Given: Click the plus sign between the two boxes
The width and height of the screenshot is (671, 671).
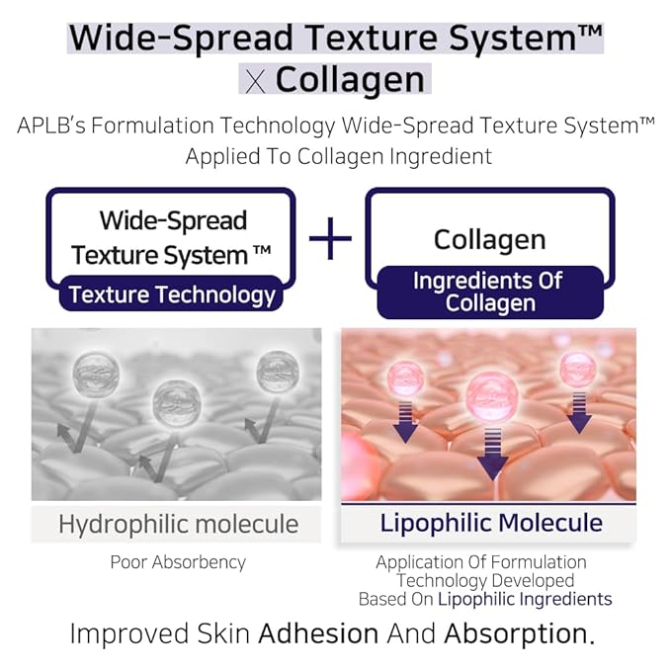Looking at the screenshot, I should pos(330,240).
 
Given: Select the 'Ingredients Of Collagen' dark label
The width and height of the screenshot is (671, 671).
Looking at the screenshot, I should pos(489,292).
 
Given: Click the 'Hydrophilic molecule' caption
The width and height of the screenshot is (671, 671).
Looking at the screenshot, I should pos(177,524).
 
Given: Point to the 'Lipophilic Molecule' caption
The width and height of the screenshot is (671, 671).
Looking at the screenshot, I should pos(491,523).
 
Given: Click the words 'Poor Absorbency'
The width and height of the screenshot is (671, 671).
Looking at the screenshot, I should pos(178,562).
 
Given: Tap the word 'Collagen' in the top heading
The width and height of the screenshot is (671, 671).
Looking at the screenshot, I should pos(350,80).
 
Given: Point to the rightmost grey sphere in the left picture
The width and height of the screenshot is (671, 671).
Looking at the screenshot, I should pos(278,370).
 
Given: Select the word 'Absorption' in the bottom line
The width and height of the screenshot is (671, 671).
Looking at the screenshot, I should pos(519,633).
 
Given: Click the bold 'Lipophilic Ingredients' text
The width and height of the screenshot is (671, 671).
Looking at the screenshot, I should pos(525,599).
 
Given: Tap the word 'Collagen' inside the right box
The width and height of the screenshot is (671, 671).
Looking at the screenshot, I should pos(489,239).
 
